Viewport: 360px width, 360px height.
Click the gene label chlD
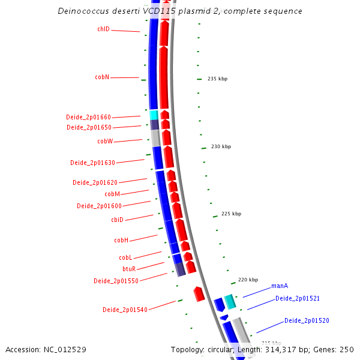click(x=103, y=29)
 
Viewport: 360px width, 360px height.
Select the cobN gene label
click(x=102, y=77)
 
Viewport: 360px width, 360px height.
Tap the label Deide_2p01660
click(x=88, y=117)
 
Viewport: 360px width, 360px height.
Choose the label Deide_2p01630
click(x=92, y=163)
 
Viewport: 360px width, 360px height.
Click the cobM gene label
click(x=112, y=194)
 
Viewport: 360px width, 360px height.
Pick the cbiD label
click(x=117, y=220)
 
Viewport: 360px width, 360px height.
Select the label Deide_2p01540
click(x=125, y=310)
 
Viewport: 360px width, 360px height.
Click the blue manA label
click(x=280, y=286)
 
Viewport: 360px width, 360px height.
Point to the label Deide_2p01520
click(x=307, y=320)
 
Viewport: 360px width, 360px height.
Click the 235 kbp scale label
click(x=217, y=79)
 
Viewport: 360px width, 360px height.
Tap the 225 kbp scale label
click(x=231, y=214)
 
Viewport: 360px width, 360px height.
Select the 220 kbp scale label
click(x=248, y=280)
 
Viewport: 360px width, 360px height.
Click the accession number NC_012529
click(x=66, y=349)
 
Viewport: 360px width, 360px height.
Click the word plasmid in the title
click(x=166, y=11)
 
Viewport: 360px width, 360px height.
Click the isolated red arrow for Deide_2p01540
click(x=199, y=294)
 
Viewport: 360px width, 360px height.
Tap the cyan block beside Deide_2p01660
click(x=154, y=115)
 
